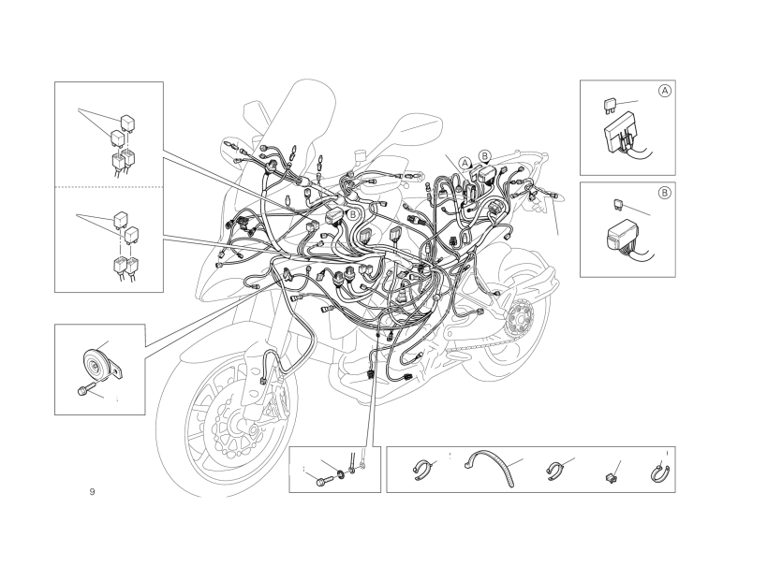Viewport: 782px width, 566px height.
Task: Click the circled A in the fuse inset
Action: click(665, 91)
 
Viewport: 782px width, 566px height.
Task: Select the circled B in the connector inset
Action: click(665, 193)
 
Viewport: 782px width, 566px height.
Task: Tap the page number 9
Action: click(92, 492)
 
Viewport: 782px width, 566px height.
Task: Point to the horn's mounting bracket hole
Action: click(118, 371)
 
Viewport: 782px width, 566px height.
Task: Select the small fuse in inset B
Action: click(617, 203)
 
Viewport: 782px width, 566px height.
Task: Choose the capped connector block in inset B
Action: click(623, 236)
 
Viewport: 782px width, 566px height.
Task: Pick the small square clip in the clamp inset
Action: click(611, 478)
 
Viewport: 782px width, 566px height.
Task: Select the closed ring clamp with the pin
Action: click(661, 473)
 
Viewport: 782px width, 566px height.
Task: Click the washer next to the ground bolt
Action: click(341, 472)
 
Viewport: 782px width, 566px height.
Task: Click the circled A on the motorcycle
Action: click(465, 163)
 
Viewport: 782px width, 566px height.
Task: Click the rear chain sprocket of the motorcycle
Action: click(519, 317)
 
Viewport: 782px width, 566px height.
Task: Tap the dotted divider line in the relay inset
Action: click(109, 187)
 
